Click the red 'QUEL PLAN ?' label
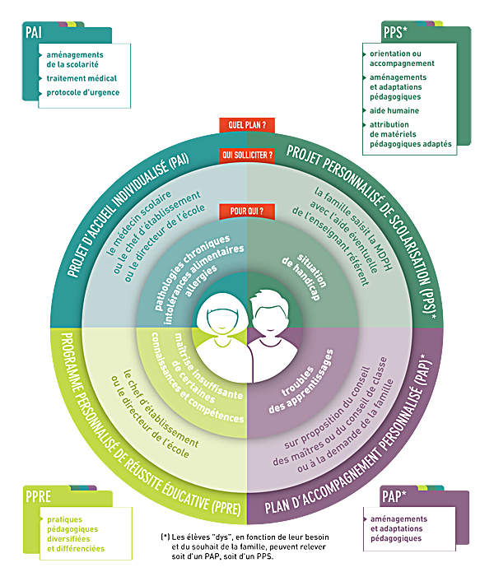(246, 126)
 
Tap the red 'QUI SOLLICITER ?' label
(246, 154)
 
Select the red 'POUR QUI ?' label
(246, 212)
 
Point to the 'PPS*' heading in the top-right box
(399, 33)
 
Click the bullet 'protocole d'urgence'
(83, 92)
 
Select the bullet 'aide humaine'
(394, 109)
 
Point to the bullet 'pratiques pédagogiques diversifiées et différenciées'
(76, 534)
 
